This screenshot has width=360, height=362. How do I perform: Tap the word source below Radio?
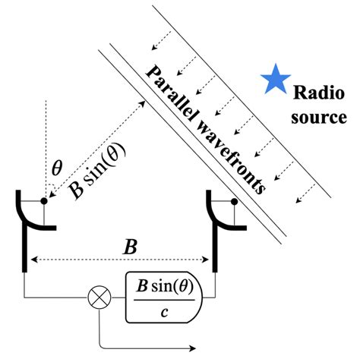click(x=321, y=118)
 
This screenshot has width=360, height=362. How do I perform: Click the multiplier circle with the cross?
click(x=98, y=296)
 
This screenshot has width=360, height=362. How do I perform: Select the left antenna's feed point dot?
click(x=44, y=202)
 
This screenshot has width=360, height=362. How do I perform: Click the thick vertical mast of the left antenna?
click(x=27, y=250)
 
